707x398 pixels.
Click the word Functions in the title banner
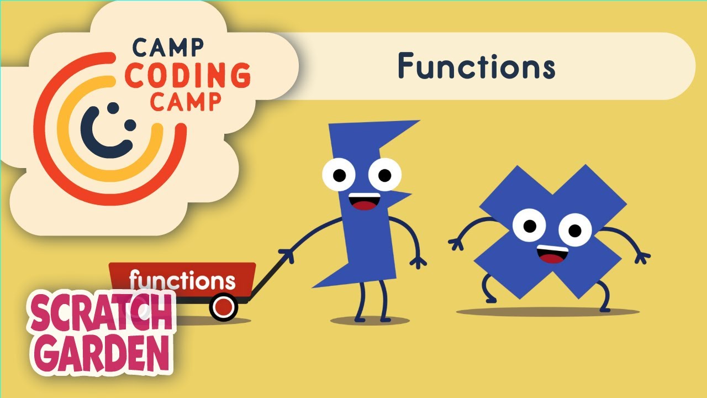pos(476,66)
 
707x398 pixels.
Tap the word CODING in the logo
pos(187,76)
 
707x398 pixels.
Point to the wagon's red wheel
pos(223,308)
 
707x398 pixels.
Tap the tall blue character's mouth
pos(363,202)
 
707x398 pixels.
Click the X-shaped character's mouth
pos(552,254)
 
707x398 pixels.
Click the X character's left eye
pos(529,226)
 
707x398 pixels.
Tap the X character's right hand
pos(642,257)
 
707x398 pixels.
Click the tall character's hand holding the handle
pos(287,255)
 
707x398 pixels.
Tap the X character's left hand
pos(456,243)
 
